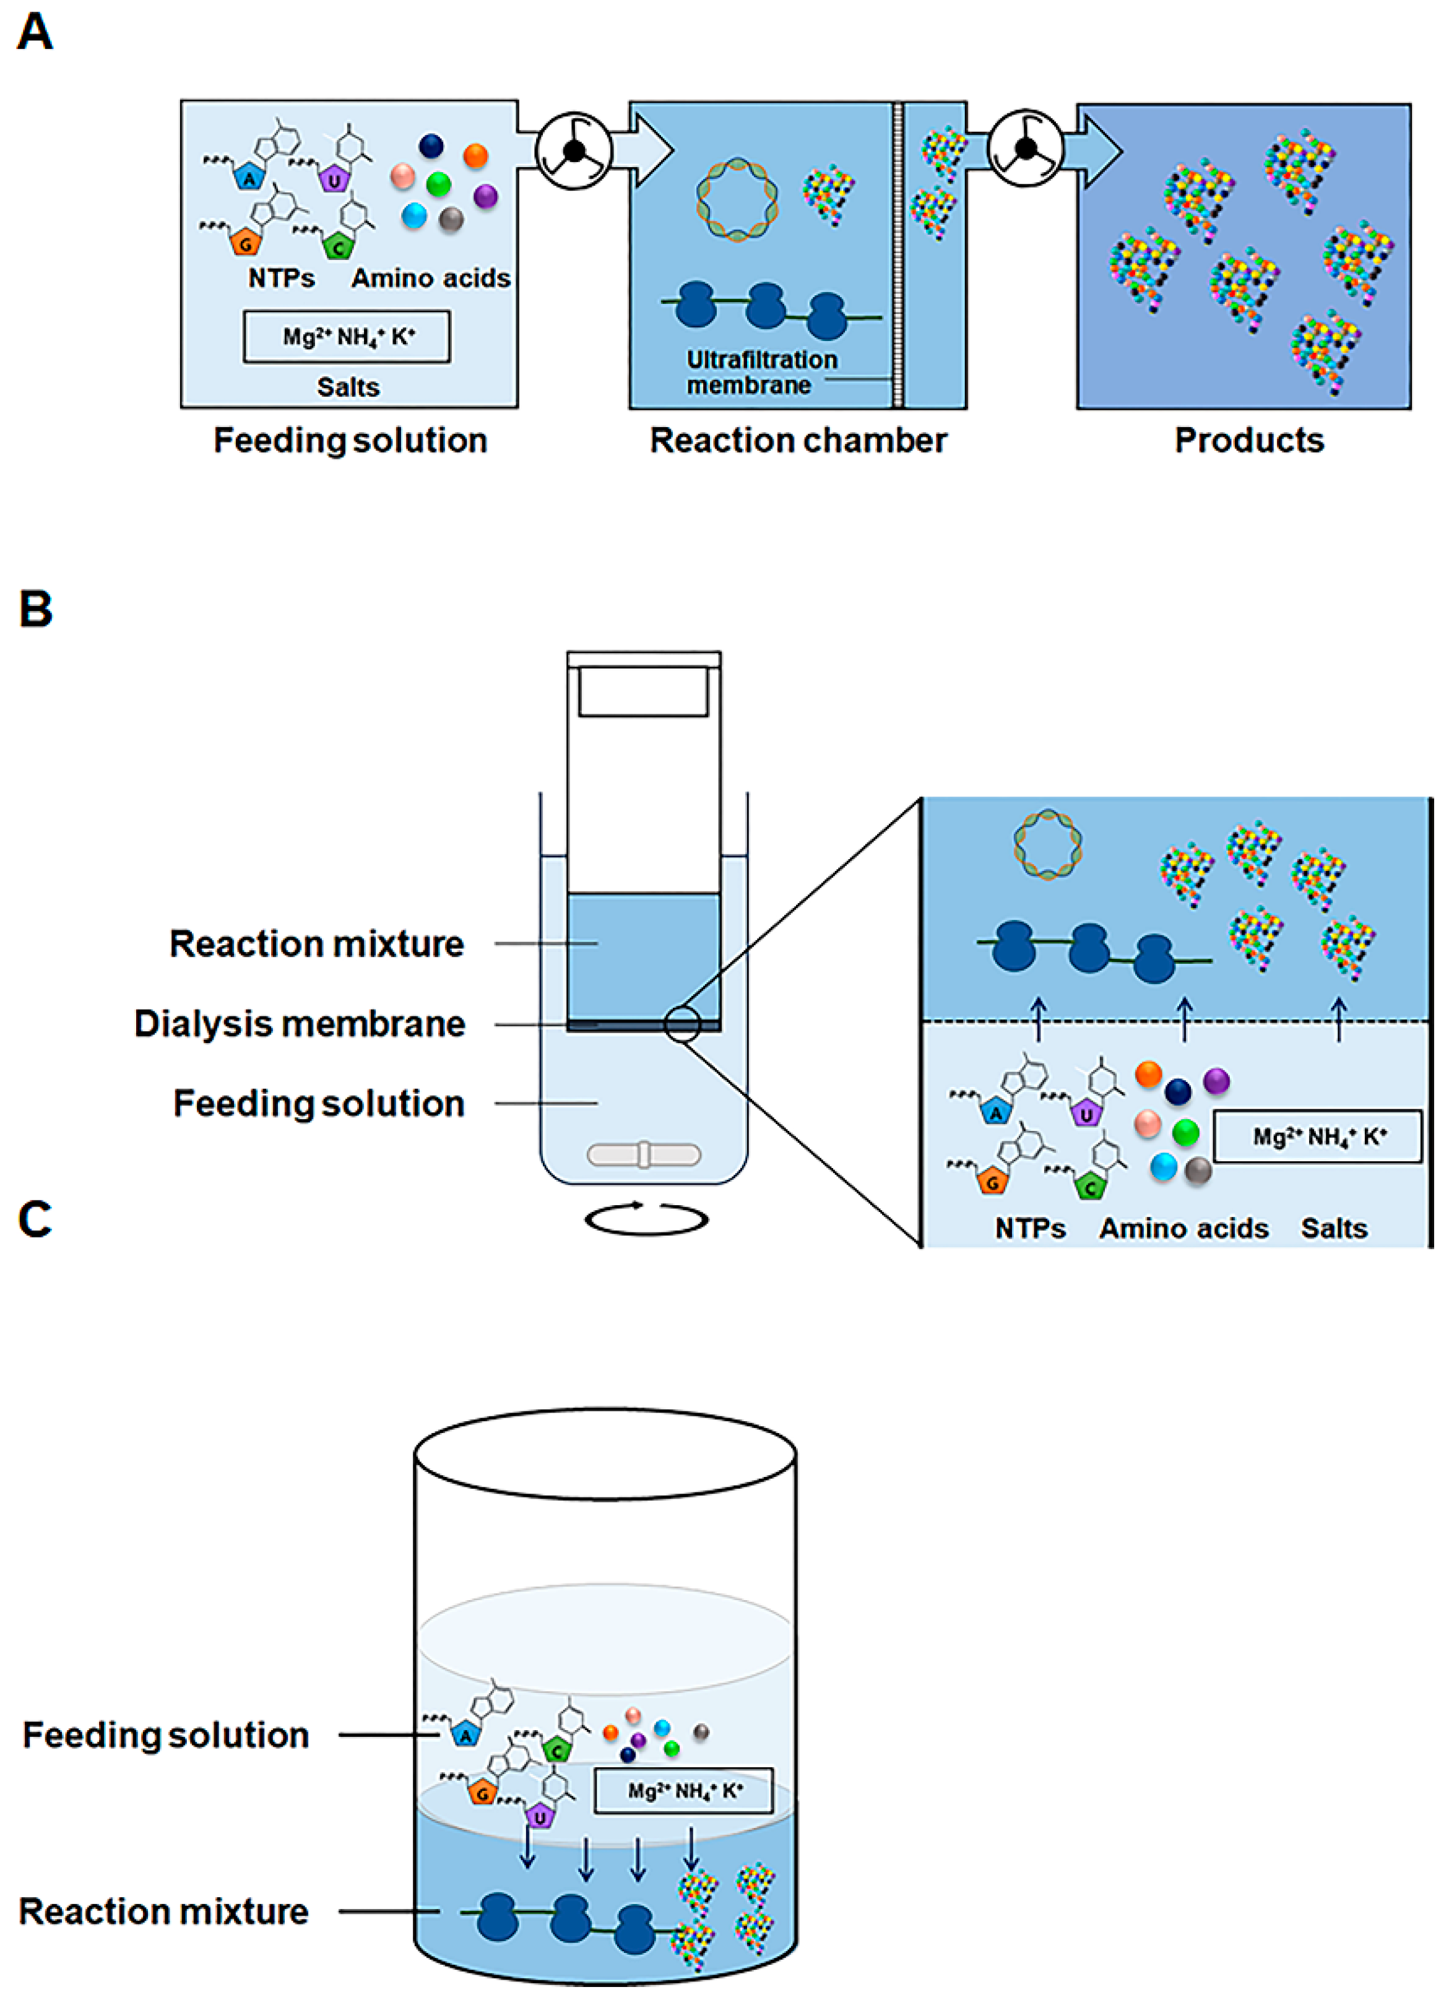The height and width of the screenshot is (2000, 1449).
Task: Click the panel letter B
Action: click(35, 609)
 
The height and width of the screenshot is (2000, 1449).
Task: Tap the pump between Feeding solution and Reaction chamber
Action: click(574, 151)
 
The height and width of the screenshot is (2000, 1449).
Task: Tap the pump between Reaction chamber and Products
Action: click(1026, 148)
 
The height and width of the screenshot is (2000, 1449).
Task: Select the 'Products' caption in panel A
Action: click(1249, 440)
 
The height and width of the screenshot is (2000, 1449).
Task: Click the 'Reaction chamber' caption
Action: click(798, 440)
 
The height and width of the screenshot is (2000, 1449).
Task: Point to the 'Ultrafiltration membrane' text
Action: click(762, 372)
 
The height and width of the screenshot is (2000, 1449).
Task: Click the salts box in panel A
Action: click(347, 336)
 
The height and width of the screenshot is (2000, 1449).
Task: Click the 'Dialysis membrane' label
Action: click(300, 1024)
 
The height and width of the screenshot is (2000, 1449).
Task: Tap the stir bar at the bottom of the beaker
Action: click(644, 1154)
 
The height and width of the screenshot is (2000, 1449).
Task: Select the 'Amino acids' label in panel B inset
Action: click(1183, 1228)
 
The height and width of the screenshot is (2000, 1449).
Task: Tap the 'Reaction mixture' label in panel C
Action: click(164, 1911)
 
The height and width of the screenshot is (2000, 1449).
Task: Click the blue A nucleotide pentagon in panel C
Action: click(465, 1734)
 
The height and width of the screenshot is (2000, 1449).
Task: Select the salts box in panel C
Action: click(683, 1790)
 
